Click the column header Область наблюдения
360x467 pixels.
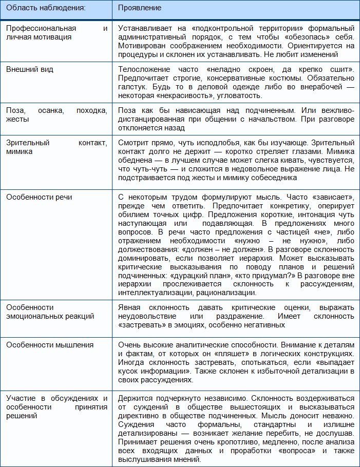point(46,8)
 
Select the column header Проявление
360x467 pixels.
point(140,8)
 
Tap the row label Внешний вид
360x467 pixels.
point(30,69)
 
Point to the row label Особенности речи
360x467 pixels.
point(39,197)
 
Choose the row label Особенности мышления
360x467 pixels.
point(50,345)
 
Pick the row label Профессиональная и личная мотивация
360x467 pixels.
point(56,32)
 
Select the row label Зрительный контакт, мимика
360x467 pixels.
point(56,147)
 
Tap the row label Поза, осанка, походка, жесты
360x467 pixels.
point(56,114)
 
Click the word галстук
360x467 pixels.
point(131,87)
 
